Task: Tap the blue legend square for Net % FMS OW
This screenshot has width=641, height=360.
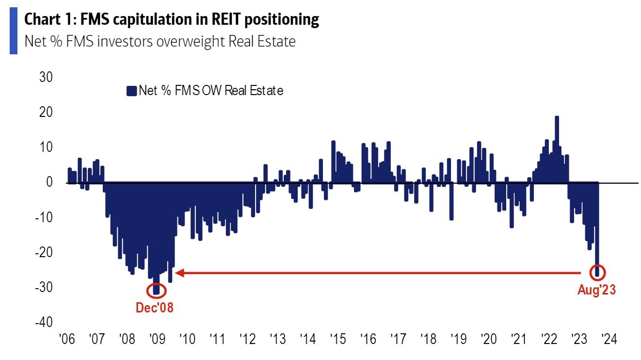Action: [x=131, y=91]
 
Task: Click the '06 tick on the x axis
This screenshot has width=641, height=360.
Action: [x=66, y=339]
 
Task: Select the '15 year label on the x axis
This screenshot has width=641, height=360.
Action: [x=337, y=339]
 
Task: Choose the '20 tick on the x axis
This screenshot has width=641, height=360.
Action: [x=488, y=339]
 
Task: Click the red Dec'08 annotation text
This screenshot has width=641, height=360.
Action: [x=155, y=308]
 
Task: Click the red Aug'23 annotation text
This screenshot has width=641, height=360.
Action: [x=596, y=291]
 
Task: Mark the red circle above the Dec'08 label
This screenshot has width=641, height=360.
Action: [x=156, y=290]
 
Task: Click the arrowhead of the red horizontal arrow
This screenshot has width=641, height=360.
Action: [x=179, y=273]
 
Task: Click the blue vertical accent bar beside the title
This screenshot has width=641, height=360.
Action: [x=13, y=31]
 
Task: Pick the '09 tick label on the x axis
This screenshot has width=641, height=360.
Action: [x=157, y=339]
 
